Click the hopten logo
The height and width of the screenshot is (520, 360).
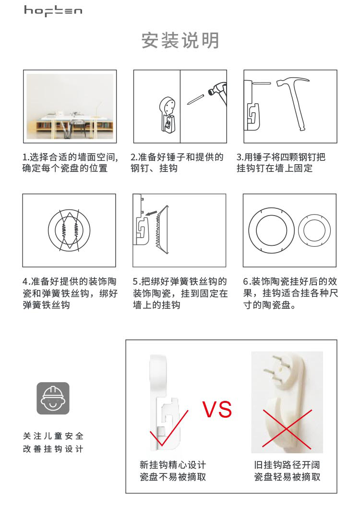pos(53,11)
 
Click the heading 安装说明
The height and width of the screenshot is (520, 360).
pos(180,40)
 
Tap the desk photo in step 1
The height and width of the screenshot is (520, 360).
pos(70,106)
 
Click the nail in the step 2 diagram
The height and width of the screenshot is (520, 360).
pos(195,99)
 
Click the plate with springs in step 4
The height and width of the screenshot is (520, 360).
pos(69,230)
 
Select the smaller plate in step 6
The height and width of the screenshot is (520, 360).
pos(314,230)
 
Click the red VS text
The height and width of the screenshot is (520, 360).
pos(217,410)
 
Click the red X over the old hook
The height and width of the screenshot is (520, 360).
pos(288,429)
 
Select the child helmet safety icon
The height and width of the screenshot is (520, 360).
pos(53,399)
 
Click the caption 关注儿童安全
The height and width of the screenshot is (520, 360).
pos(53,436)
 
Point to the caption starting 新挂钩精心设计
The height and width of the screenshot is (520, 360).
pos(173,471)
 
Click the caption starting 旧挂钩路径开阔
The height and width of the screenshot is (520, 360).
pos(287,471)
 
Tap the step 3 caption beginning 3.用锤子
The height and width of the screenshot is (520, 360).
pos(281,162)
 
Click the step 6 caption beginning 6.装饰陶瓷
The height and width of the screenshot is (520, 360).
pos(290,293)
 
